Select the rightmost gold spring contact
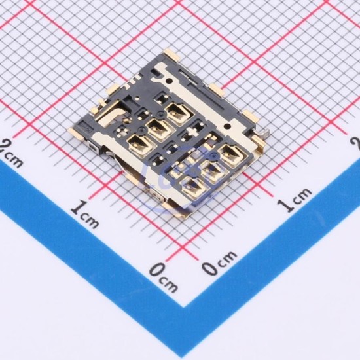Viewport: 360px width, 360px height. (232, 154)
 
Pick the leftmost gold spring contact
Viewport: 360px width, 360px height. (139, 145)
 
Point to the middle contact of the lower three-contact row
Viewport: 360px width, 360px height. (212, 171)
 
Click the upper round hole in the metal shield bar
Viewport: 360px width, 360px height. (170, 81)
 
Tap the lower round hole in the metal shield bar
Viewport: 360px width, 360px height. (227, 126)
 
